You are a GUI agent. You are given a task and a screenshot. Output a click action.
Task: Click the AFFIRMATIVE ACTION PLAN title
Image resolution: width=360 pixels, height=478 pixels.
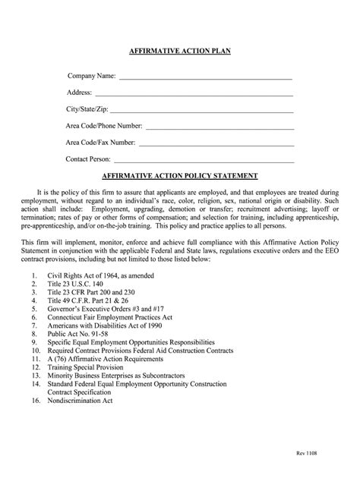coord(180,51)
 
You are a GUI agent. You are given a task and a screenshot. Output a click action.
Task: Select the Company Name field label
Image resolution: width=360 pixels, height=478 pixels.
coord(91,76)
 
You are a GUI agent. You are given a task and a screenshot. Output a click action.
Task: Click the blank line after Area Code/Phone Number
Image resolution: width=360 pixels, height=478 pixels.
coord(219,127)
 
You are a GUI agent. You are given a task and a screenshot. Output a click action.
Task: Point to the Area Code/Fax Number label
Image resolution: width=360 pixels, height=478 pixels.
coord(100,143)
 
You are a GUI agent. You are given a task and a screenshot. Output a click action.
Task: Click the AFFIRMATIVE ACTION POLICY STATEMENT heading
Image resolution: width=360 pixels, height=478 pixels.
coord(180,175)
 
